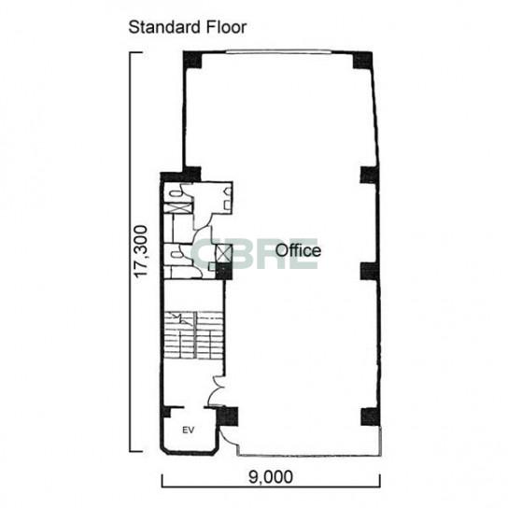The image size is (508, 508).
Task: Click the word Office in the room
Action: (298, 250)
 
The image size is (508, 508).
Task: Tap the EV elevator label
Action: (189, 430)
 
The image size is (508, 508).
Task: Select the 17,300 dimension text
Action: (141, 251)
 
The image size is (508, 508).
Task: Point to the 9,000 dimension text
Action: (271, 476)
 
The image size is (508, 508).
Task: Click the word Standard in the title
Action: (162, 27)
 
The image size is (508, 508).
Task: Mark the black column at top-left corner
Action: (192, 60)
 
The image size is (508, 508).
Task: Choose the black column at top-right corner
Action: (362, 61)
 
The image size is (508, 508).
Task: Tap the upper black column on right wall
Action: (369, 176)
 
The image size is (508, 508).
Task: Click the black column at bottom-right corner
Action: (371, 416)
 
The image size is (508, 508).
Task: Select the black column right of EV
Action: (228, 416)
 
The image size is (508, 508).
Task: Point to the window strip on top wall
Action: (278, 51)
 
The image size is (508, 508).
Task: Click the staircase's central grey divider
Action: (195, 335)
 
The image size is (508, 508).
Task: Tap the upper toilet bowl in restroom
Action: (176, 193)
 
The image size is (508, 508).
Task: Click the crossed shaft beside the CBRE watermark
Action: (224, 253)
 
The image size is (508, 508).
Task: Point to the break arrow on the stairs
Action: (180, 318)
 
